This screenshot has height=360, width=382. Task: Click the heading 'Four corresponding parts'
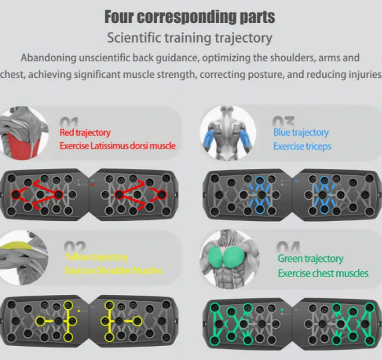click(190, 16)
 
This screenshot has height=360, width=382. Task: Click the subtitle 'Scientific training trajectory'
click(190, 38)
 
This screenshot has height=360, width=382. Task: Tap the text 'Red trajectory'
click(85, 133)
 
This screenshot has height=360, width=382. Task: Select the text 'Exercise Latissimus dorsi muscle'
click(117, 146)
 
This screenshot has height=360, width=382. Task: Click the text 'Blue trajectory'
click(301, 133)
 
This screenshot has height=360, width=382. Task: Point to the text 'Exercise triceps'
click(302, 146)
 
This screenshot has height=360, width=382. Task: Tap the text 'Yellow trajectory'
click(96, 257)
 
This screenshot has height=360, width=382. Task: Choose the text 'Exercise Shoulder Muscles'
click(113, 270)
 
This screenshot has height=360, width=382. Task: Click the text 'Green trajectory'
click(310, 259)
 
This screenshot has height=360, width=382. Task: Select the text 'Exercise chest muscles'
click(323, 273)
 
